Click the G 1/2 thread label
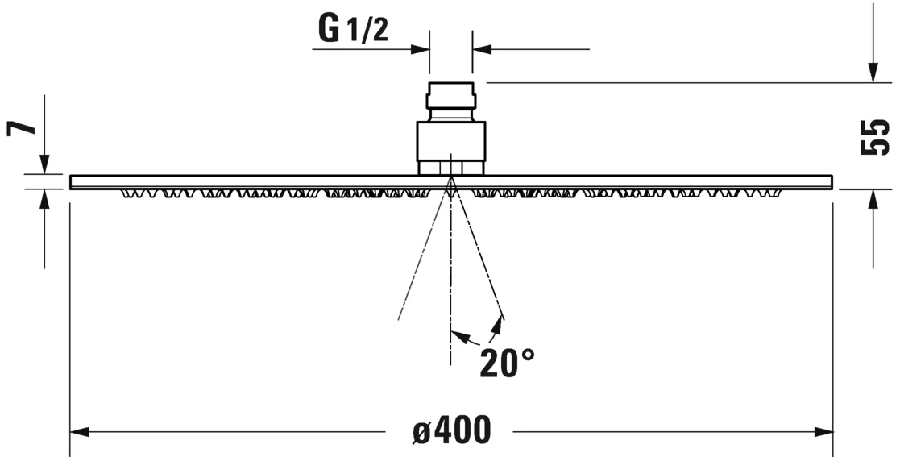tap(353, 29)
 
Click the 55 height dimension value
tap(875, 137)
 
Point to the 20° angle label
tap(507, 364)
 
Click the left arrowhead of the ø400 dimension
tap(79, 433)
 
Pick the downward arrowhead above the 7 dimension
tap(44, 164)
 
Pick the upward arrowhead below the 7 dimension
tap(44, 198)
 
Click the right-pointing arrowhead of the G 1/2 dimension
tap(421, 49)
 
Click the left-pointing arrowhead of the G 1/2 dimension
tap(482, 49)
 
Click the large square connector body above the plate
tap(451, 142)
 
